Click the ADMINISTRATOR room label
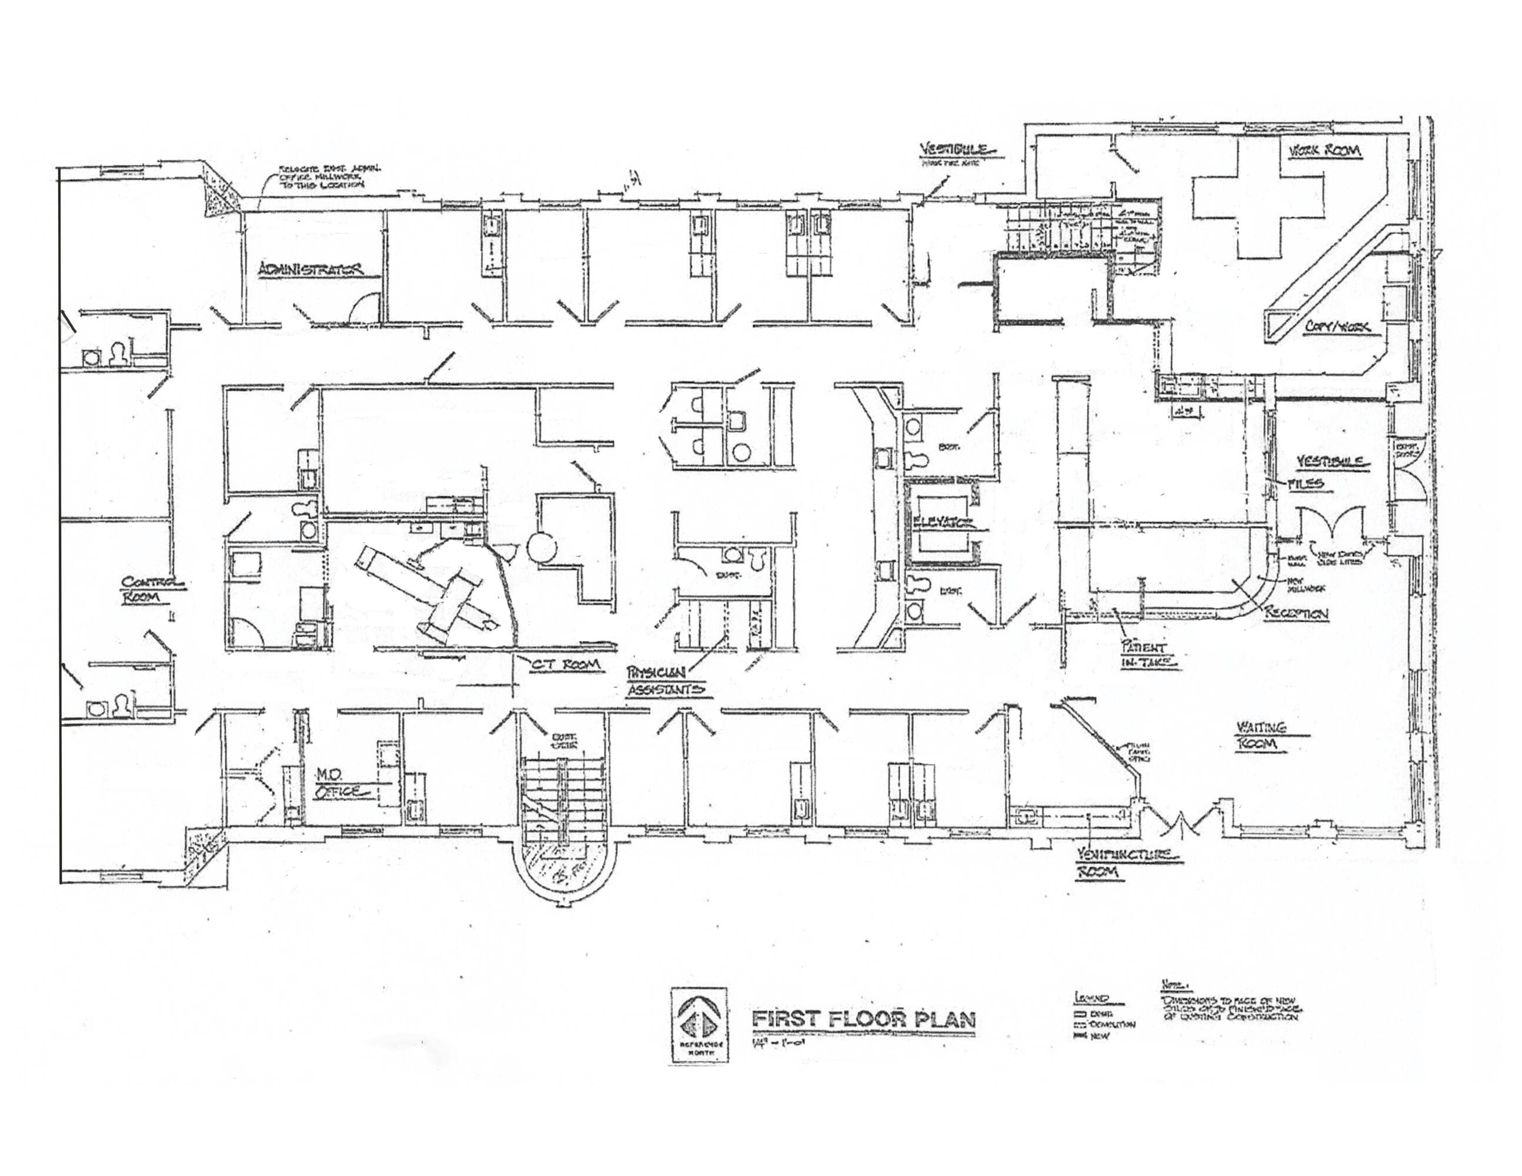point(311,269)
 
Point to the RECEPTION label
point(1297,614)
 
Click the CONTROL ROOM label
point(152,589)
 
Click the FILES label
point(1310,483)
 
